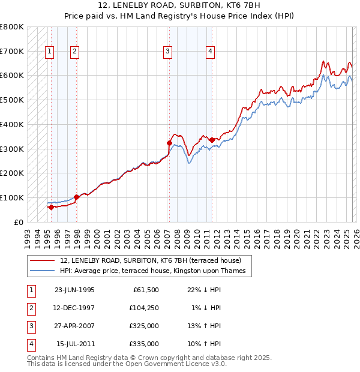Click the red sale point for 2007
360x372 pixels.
[169, 143]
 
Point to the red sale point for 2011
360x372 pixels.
[211, 140]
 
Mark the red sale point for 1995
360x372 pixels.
[51, 207]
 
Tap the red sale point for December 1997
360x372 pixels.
[76, 197]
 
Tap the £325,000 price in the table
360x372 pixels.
[145, 327]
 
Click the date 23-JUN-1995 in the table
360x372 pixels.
[74, 289]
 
